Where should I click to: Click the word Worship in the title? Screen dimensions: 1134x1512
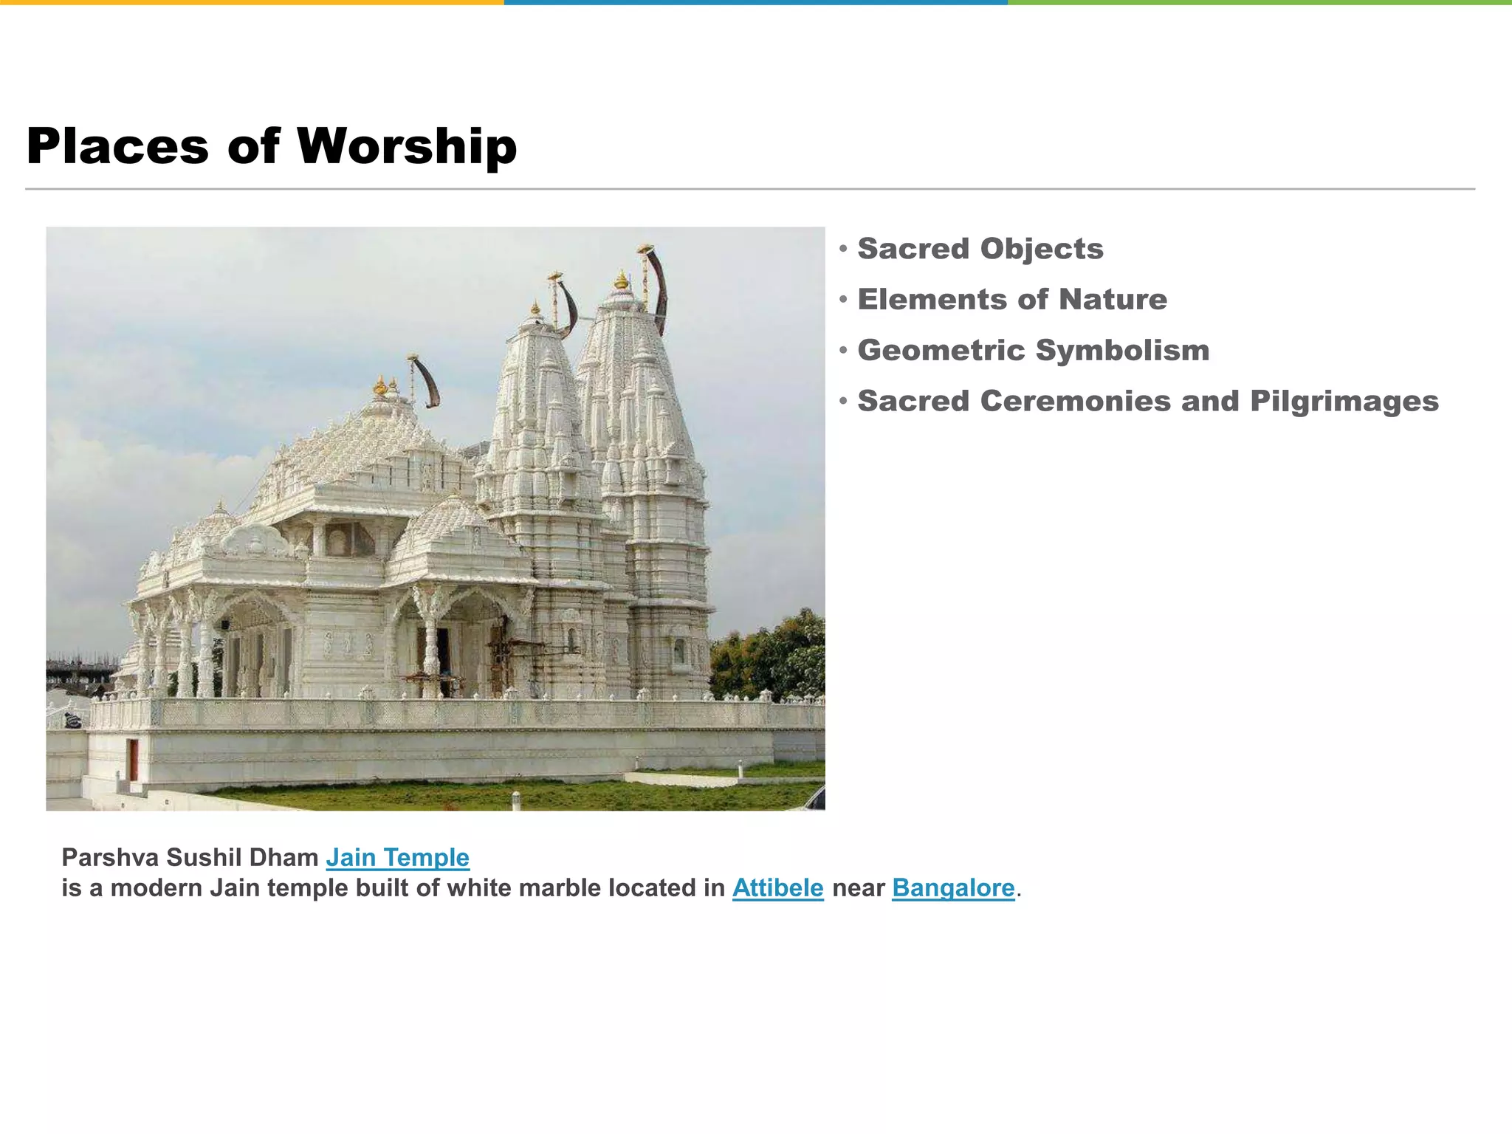click(x=407, y=147)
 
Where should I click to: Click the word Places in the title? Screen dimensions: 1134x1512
click(x=118, y=147)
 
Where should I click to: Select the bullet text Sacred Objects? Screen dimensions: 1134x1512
click(x=980, y=249)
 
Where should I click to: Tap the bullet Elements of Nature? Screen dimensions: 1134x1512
click(x=1011, y=300)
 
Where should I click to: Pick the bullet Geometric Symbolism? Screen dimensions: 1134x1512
click(x=1033, y=351)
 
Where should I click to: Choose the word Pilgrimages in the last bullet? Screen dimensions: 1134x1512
click(x=1344, y=402)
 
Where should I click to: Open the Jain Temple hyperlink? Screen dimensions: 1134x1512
click(x=397, y=858)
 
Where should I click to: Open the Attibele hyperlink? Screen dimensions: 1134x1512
click(x=777, y=888)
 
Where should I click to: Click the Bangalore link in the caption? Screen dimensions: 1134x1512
click(x=953, y=888)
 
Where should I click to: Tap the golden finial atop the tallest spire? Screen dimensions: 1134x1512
click(x=622, y=281)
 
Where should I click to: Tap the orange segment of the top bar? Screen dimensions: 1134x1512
click(x=251, y=3)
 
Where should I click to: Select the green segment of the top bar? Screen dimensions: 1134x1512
click(x=1260, y=3)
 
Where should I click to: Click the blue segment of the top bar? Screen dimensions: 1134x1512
click(x=755, y=3)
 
